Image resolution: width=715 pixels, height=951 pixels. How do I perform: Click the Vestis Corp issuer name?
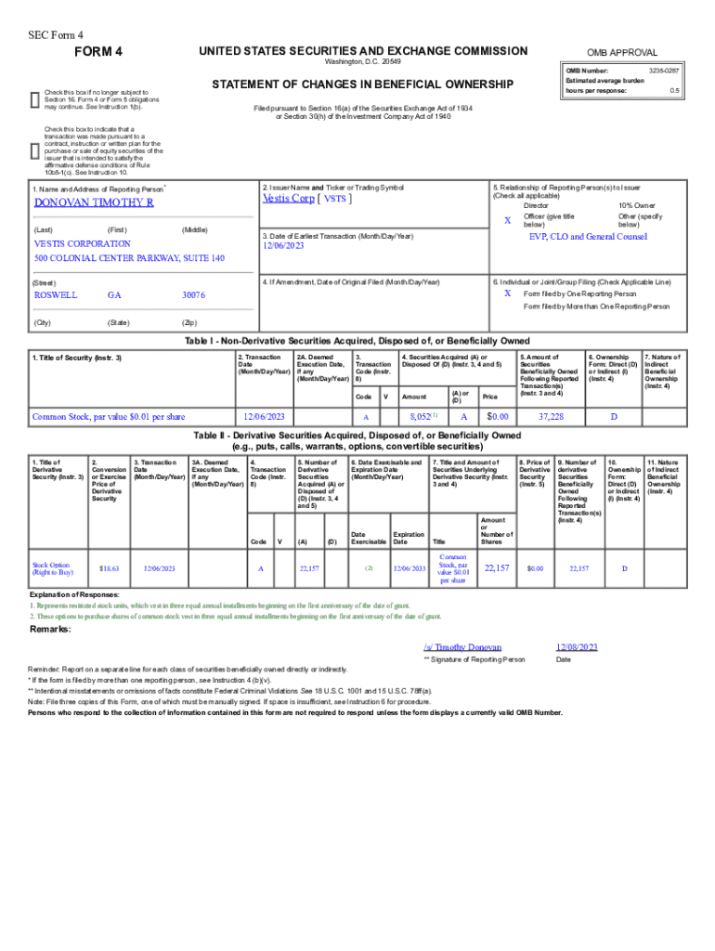(x=289, y=198)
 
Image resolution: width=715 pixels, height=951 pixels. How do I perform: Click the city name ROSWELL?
(x=55, y=294)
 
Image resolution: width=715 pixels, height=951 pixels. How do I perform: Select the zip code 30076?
(x=194, y=294)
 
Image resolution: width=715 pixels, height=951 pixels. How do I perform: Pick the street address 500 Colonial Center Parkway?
(x=129, y=257)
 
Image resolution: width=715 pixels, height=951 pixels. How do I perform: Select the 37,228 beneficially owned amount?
(x=552, y=417)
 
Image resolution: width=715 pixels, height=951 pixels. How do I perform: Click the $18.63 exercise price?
(x=109, y=567)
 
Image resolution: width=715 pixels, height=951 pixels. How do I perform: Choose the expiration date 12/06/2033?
(x=409, y=567)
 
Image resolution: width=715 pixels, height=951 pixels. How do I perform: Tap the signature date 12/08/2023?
(x=576, y=646)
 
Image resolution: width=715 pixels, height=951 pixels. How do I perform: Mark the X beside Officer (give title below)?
(x=507, y=221)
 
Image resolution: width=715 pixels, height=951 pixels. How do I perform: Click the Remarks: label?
(x=51, y=630)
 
